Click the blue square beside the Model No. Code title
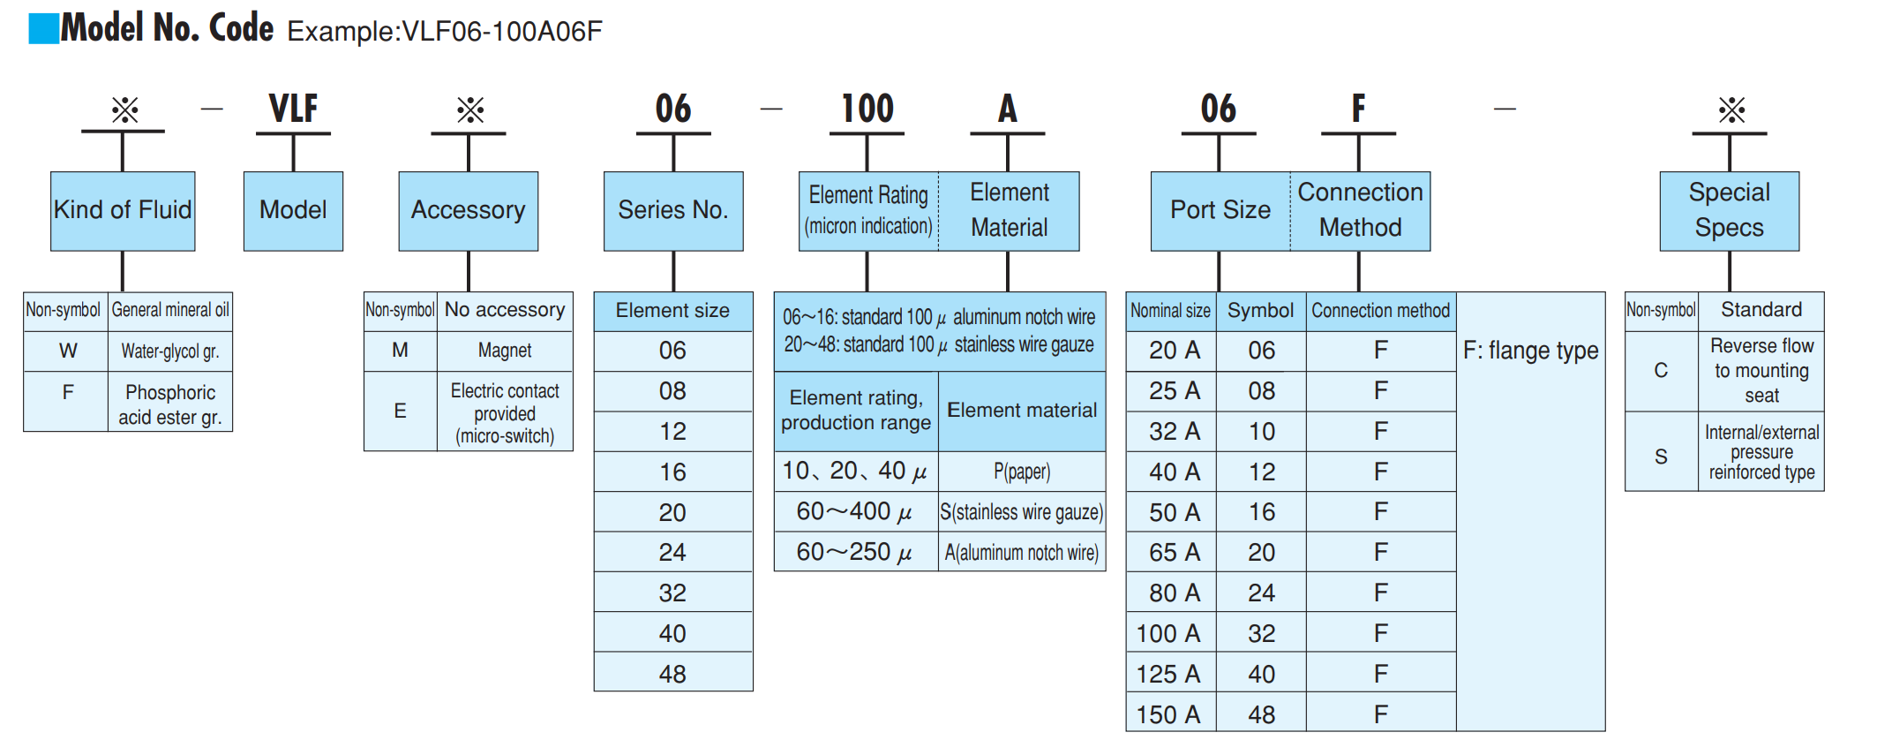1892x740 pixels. click(x=43, y=28)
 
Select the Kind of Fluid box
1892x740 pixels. click(x=123, y=211)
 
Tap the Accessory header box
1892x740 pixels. click(x=469, y=211)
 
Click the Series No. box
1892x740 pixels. click(x=673, y=211)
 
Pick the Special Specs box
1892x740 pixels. click(x=1730, y=211)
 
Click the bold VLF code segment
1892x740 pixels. click(x=293, y=109)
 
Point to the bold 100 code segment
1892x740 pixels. click(x=867, y=109)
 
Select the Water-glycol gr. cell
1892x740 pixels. click(x=170, y=351)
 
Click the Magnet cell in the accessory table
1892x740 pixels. click(x=505, y=351)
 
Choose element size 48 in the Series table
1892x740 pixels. click(x=673, y=674)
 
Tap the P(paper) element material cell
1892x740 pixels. click(x=1022, y=472)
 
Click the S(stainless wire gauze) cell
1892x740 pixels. click(x=1022, y=512)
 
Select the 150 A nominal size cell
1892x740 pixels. click(x=1170, y=714)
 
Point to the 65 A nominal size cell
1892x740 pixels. click(x=1170, y=552)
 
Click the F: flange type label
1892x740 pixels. click(x=1531, y=351)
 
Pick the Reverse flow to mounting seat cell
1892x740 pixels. click(x=1761, y=371)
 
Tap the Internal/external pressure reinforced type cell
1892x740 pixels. click(x=1761, y=452)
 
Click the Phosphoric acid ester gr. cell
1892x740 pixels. click(x=170, y=404)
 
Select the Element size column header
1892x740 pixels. click(x=673, y=311)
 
